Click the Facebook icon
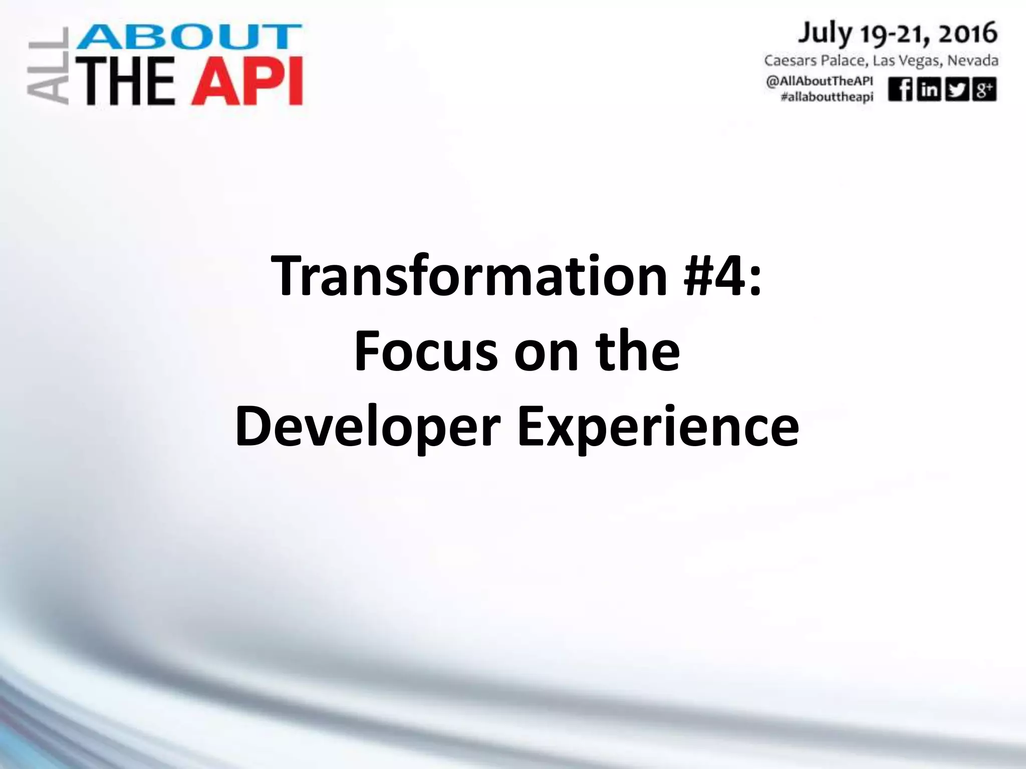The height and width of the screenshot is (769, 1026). coord(900,90)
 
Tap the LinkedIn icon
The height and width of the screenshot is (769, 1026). coord(928,90)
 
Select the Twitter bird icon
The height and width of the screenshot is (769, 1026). coord(956,90)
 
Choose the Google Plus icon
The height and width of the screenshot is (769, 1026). coord(984,90)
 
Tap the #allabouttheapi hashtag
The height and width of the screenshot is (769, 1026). coord(827,97)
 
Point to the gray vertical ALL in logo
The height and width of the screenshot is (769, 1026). coord(48,66)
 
